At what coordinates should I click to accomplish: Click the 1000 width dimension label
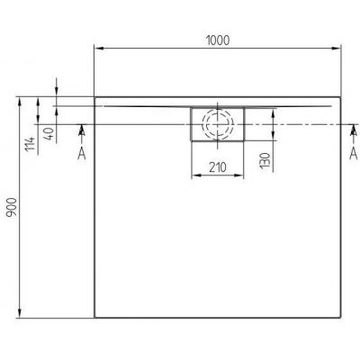pyautogui.click(x=219, y=40)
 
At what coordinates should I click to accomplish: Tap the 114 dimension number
pyautogui.click(x=31, y=142)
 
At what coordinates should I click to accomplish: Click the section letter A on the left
pyautogui.click(x=81, y=154)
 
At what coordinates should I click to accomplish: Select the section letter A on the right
pyautogui.click(x=353, y=154)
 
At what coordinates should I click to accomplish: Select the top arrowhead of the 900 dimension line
pyautogui.click(x=20, y=100)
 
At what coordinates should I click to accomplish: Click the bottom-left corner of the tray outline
pyautogui.click(x=94, y=316)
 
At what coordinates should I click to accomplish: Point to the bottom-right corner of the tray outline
pyautogui.click(x=343, y=316)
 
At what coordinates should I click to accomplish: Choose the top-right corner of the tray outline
pyautogui.click(x=343, y=96)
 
